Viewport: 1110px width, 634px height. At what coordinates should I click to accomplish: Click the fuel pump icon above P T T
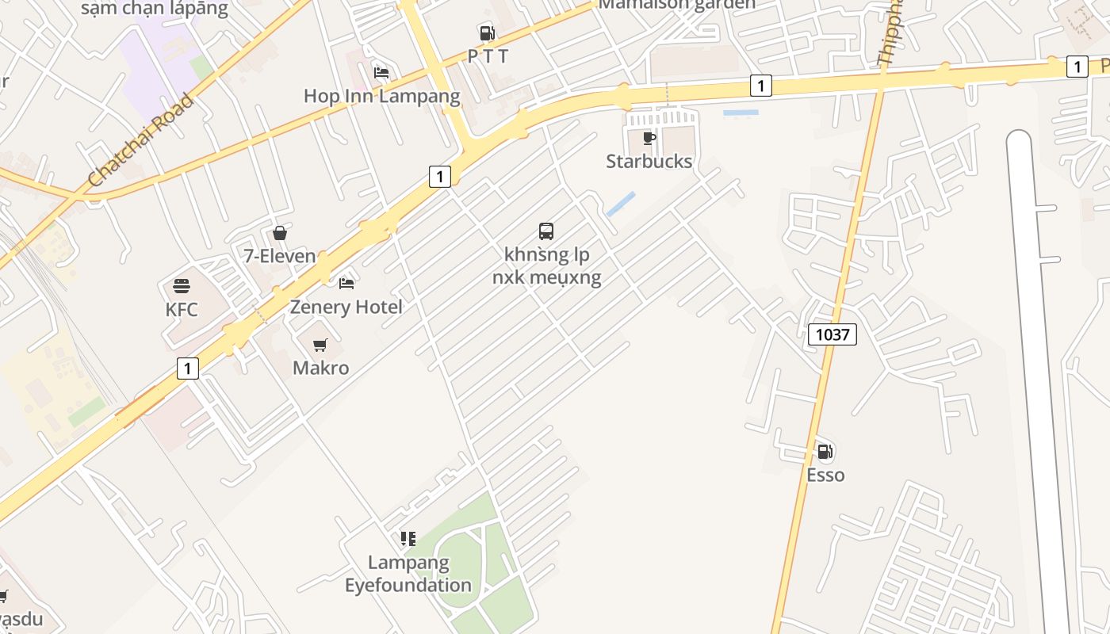point(487,32)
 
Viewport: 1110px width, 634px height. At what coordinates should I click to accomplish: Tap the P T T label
point(488,56)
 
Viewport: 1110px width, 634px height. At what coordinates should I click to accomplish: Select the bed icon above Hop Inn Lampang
point(381,73)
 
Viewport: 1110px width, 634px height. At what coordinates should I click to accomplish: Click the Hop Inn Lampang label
point(381,97)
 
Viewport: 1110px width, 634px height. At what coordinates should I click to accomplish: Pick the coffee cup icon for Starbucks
point(649,139)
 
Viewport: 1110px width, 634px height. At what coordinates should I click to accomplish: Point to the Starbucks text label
point(649,162)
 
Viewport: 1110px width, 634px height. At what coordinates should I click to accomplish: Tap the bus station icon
point(546,231)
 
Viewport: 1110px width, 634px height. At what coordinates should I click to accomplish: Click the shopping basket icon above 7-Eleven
point(280,233)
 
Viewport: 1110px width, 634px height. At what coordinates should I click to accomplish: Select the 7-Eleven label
point(280,256)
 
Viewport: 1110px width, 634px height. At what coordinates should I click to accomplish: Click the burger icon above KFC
point(182,286)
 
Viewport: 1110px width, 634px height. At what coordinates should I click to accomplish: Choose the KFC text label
point(182,309)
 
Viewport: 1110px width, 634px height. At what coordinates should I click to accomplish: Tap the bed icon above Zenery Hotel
point(346,283)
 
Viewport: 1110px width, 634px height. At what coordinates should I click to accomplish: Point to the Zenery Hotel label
point(346,307)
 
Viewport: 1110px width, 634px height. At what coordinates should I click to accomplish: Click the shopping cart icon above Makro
point(320,345)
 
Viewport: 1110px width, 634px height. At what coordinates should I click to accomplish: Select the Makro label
point(320,368)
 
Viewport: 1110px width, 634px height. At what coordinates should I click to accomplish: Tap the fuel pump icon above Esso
point(825,452)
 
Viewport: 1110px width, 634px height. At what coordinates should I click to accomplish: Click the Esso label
point(825,475)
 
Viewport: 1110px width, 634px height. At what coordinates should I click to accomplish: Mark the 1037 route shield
point(832,334)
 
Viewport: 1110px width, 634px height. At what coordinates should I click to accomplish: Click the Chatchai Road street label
point(141,140)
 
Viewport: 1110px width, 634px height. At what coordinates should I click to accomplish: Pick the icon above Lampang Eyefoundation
point(408,540)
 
